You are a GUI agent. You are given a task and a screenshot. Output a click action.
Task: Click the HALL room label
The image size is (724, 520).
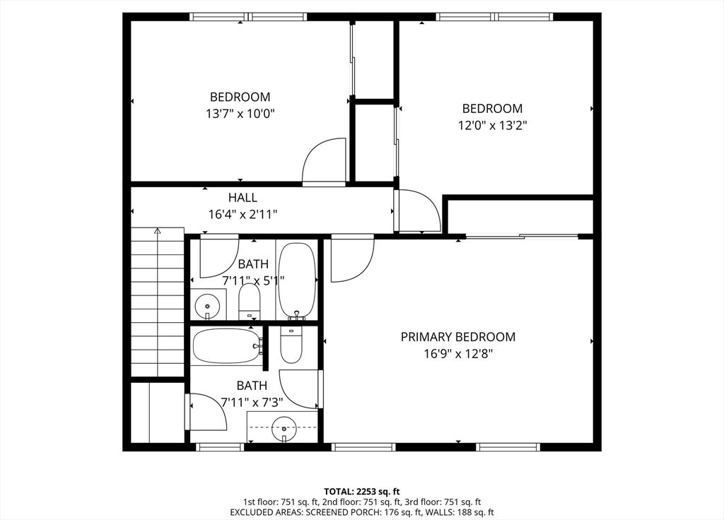tap(243, 198)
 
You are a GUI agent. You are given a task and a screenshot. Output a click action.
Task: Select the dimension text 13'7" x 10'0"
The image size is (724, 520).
tap(240, 113)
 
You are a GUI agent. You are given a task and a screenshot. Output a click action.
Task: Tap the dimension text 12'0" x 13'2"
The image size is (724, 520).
tap(492, 125)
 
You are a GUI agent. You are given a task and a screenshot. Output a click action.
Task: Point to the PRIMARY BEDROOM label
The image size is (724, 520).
tap(457, 337)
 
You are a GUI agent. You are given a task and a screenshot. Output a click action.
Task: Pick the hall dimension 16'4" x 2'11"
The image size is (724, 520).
tap(243, 214)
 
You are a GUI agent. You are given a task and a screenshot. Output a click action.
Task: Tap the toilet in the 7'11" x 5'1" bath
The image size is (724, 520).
tap(249, 302)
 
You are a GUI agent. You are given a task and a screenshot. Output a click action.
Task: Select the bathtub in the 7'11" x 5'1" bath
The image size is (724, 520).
tap(297, 281)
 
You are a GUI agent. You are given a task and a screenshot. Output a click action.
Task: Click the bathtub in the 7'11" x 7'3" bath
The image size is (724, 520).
tap(226, 345)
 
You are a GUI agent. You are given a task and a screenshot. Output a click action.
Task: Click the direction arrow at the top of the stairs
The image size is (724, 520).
tap(158, 231)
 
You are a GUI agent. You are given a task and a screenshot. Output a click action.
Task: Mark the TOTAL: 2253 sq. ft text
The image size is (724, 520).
tap(362, 491)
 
